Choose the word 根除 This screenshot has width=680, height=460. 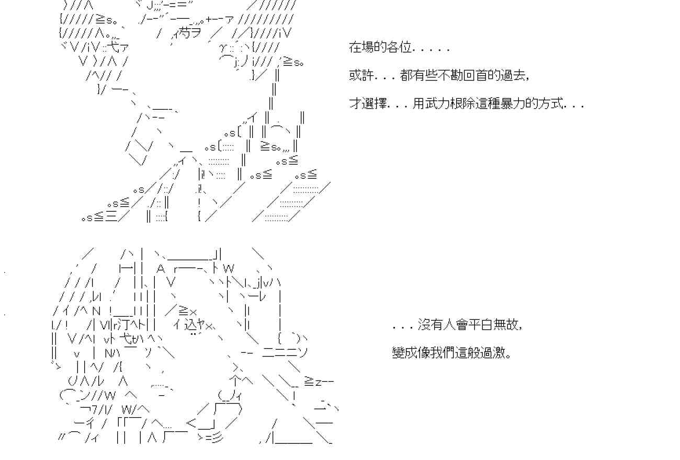tap(463, 103)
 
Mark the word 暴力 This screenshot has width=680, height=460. tap(514, 103)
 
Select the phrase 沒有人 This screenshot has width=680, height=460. tap(437, 325)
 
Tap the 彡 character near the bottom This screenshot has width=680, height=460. tap(217, 437)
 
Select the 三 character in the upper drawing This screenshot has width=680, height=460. tap(111, 217)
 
